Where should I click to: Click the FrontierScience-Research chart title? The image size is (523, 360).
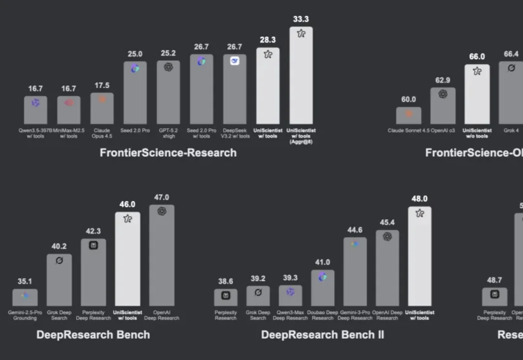[x=168, y=153]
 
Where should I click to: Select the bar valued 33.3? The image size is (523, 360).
[x=301, y=77]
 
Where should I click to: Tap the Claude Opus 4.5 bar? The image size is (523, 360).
[x=102, y=109]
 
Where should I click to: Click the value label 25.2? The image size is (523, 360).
[x=168, y=53]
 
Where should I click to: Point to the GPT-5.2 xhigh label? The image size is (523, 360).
[x=168, y=133]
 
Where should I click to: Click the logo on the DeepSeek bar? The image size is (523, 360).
[x=234, y=61]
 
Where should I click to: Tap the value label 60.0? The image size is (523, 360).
[x=408, y=99]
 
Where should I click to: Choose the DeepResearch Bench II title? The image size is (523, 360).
[x=322, y=335]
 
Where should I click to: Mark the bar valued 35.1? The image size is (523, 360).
[x=25, y=298]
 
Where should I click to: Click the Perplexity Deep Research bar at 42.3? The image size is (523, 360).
[x=93, y=273]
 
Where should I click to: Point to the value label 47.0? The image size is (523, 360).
[x=162, y=197]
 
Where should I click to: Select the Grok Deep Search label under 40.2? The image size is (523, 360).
[x=59, y=315]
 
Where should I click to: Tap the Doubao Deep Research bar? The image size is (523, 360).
[x=323, y=289]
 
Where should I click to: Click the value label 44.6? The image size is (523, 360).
[x=355, y=230]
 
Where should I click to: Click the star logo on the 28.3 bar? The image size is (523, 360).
[x=268, y=55]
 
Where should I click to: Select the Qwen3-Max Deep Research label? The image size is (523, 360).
[x=290, y=315]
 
